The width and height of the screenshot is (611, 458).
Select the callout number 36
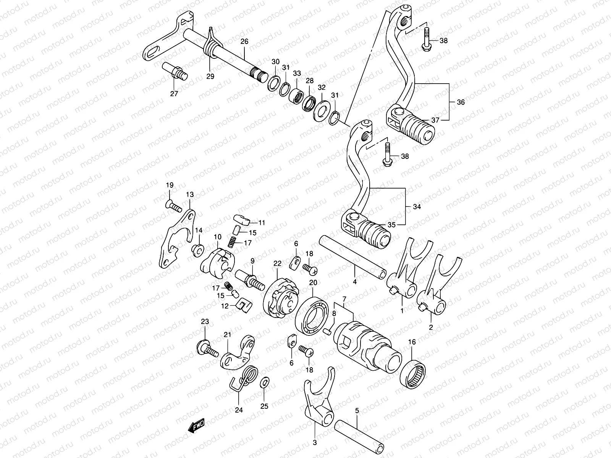click(461, 102)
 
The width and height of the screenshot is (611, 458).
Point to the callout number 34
click(417, 207)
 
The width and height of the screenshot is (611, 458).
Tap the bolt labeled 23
click(203, 347)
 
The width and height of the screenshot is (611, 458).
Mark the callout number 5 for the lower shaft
click(357, 411)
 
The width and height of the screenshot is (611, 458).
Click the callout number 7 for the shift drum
click(344, 298)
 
